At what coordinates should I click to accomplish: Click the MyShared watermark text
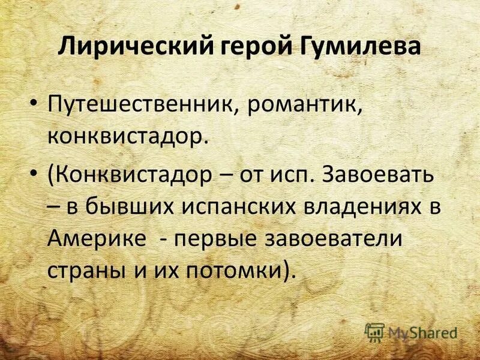422,331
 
